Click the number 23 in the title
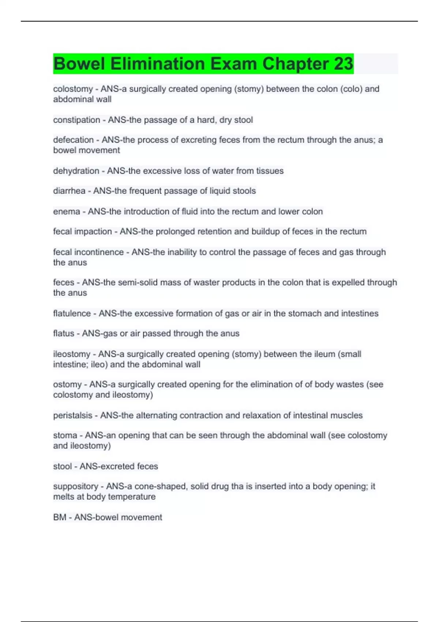[x=343, y=64]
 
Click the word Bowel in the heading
[x=79, y=64]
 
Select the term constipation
[x=76, y=120]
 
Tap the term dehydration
[x=76, y=171]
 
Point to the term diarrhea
[x=69, y=191]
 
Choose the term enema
[x=67, y=211]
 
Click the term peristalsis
[x=73, y=415]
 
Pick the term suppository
[x=76, y=486]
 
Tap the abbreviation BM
[x=60, y=517]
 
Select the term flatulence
[x=72, y=314]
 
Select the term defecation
[x=73, y=140]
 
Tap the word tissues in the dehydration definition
[x=270, y=171]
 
